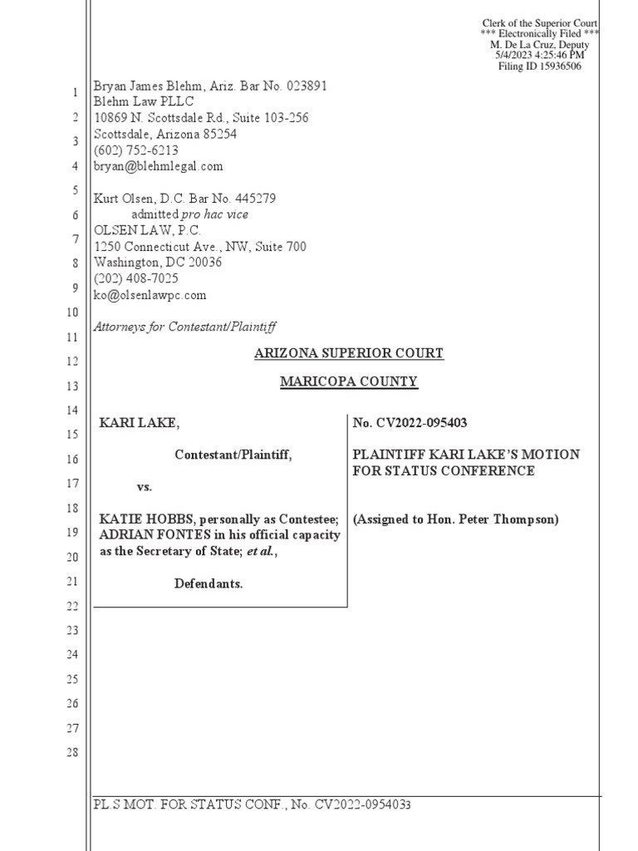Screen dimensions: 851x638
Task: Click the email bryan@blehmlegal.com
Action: (159, 166)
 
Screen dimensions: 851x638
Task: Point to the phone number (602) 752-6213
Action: (136, 150)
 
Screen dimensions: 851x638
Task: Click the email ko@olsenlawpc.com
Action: (150, 295)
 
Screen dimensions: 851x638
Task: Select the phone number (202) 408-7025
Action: (136, 278)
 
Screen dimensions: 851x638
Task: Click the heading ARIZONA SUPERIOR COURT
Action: (348, 354)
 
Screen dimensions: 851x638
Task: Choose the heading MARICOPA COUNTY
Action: (348, 382)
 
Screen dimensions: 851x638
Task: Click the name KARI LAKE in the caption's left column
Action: (139, 424)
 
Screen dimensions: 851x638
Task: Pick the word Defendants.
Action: (209, 584)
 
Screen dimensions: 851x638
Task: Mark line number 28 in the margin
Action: (72, 753)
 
